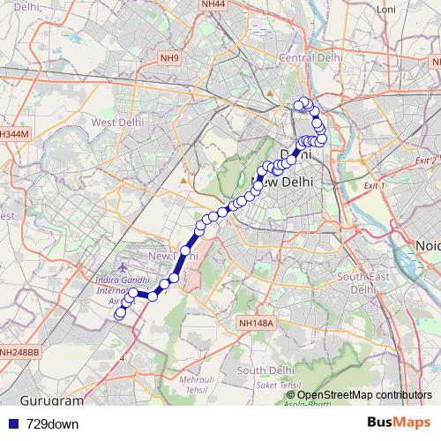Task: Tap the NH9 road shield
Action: [x=169, y=59]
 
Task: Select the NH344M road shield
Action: [x=14, y=133]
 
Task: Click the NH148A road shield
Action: [x=257, y=324]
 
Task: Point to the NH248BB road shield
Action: [x=19, y=353]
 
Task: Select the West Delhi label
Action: [x=117, y=123]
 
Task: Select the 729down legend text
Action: [x=53, y=424]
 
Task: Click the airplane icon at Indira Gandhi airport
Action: [x=121, y=266]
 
